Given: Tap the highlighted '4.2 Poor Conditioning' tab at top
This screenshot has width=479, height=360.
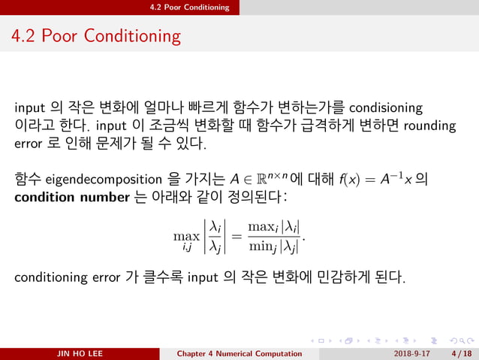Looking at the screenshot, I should point(189,8).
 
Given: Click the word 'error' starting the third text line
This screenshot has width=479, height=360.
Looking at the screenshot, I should point(31,143).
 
